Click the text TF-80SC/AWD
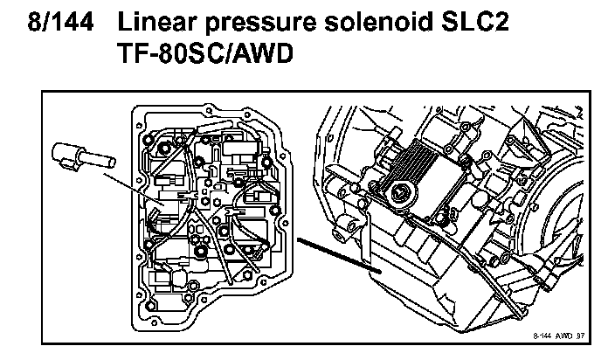[214, 56]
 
